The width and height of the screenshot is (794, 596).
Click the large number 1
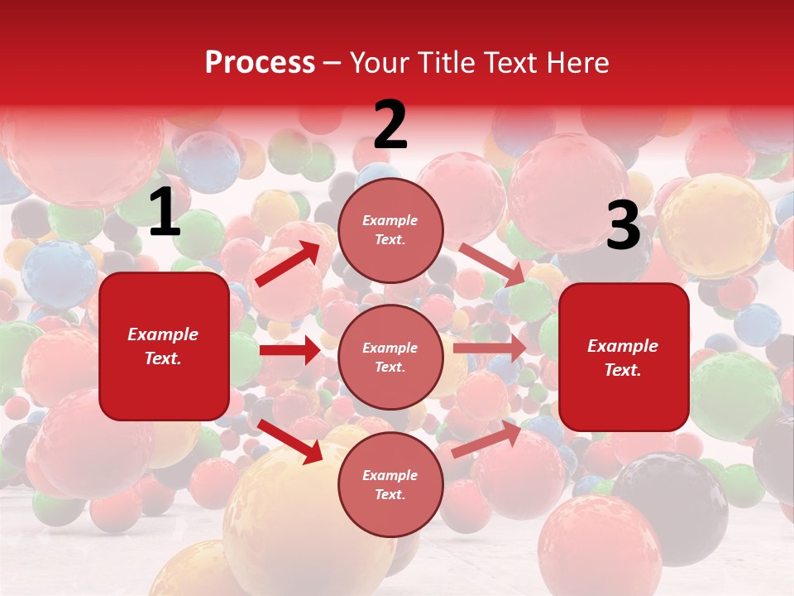(x=165, y=212)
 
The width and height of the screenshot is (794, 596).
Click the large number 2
(x=390, y=125)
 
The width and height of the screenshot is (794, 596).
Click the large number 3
(x=623, y=226)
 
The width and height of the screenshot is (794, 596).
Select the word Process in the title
(x=260, y=62)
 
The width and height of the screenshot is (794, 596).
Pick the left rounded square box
(x=164, y=346)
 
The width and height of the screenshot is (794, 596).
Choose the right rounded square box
(x=624, y=358)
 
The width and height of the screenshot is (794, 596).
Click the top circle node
(x=390, y=230)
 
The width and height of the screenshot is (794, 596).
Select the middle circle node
(x=390, y=358)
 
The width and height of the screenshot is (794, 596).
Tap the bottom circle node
(x=390, y=485)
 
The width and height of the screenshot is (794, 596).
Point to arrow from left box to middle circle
(x=289, y=350)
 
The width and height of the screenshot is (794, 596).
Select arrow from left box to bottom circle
(x=290, y=440)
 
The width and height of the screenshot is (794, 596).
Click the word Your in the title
(x=380, y=62)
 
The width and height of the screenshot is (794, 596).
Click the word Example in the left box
(x=163, y=334)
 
